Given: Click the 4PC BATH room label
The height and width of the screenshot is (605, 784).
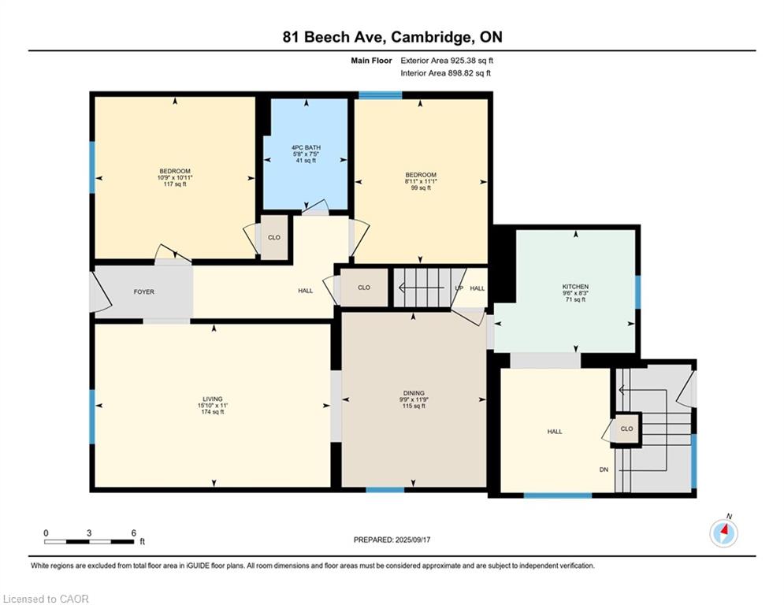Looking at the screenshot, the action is click(306, 147).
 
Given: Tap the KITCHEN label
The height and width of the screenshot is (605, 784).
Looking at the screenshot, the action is click(575, 287).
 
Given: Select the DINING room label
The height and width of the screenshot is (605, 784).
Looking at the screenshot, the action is click(414, 393).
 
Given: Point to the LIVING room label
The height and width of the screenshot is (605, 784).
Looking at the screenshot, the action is click(213, 399).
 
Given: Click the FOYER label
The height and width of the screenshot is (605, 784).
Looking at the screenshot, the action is click(144, 291).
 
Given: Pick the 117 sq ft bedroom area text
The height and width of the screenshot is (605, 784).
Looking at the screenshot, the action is click(175, 184).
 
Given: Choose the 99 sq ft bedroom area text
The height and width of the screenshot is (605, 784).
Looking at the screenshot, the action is click(421, 187).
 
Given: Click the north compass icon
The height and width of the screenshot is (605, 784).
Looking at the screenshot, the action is click(723, 532).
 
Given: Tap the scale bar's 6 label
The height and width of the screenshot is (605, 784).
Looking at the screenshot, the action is click(133, 533).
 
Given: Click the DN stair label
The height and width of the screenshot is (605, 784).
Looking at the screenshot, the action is click(604, 470).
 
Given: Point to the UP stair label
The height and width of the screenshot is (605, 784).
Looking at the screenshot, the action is click(459, 288).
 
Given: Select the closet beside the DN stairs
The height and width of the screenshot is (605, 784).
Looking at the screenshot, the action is click(627, 429).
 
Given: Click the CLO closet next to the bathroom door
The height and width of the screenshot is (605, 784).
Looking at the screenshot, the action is click(274, 237).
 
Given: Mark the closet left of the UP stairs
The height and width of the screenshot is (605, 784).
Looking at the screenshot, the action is click(364, 288).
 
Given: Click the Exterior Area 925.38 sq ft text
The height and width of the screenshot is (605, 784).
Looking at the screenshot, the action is click(447, 61).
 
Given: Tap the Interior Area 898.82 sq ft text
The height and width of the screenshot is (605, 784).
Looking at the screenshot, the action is click(445, 73).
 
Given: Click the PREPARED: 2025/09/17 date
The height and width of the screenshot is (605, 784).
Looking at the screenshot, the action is click(392, 540).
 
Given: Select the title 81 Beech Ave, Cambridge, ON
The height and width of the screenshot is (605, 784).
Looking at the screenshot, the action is click(392, 37).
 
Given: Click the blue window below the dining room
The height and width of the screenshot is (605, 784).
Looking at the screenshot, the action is click(385, 489).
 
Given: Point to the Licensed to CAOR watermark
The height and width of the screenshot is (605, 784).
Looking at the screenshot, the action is click(46, 599).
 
